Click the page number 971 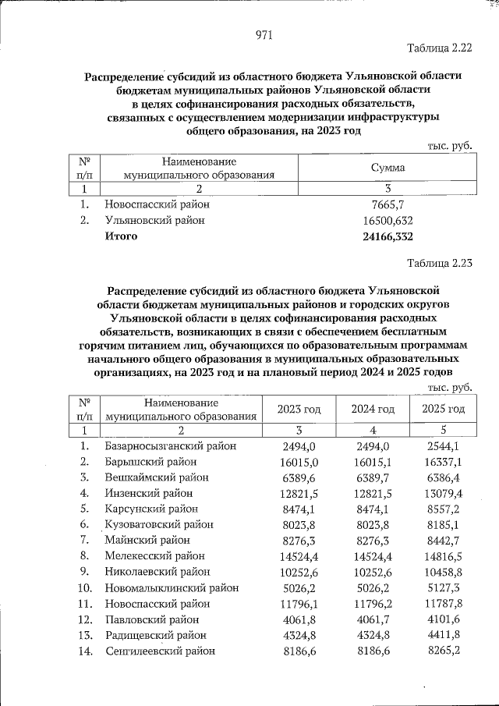(264, 35)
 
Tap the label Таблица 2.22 (441, 48)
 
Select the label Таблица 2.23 (441, 262)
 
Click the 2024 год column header (373, 409)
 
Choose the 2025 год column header (442, 409)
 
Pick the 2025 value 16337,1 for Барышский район (442, 462)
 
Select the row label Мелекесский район (154, 556)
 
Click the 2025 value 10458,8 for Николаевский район (442, 572)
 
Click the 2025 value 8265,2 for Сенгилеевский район (442, 651)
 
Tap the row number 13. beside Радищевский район (86, 635)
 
